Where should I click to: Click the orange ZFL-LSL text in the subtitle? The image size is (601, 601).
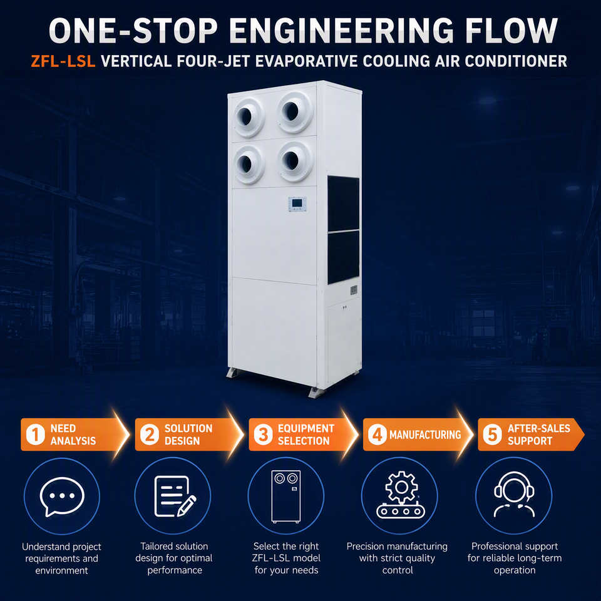[63, 61]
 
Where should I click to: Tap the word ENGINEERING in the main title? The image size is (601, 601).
[342, 31]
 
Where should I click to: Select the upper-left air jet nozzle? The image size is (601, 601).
[248, 117]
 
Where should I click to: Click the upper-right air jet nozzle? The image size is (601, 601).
[294, 111]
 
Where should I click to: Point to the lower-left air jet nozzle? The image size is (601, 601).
[249, 164]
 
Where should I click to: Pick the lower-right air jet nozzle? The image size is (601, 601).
[295, 161]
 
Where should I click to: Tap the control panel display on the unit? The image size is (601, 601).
[297, 204]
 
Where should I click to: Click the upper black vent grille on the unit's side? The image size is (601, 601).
[344, 204]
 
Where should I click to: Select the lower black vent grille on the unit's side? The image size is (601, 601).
[344, 257]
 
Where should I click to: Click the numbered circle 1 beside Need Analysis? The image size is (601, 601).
[36, 434]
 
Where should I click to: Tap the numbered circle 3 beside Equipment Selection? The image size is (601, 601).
[264, 434]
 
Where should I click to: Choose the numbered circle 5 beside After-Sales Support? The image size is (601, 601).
[493, 434]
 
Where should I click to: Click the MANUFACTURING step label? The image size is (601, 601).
[425, 434]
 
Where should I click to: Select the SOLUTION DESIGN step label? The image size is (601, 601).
[188, 434]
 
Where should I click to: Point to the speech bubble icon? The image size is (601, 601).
[62, 496]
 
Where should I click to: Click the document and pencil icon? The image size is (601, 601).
[175, 496]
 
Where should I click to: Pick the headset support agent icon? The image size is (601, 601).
[514, 495]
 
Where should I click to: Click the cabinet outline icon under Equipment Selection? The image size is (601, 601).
[286, 496]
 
